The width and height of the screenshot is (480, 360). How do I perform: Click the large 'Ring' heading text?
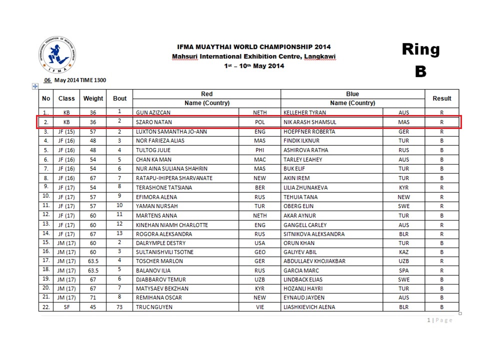tap(420, 49)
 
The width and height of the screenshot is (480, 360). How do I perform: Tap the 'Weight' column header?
tap(93, 98)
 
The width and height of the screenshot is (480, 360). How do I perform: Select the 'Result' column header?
tap(441, 98)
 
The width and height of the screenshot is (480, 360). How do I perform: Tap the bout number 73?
tap(119, 306)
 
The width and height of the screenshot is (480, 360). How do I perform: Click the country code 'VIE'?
tap(260, 307)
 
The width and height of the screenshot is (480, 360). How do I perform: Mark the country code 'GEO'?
tap(260, 251)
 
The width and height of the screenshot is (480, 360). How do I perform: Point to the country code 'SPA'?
tap(403, 270)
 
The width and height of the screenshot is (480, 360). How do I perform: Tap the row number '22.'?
tap(46, 307)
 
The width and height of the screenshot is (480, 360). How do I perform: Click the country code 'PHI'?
tap(260, 150)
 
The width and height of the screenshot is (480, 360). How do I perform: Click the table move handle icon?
tap(35, 86)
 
